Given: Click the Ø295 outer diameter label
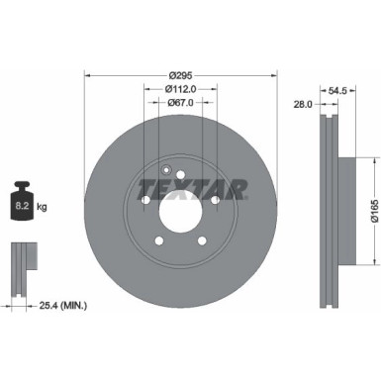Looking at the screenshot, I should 180,76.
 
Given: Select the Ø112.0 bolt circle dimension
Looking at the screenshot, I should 180,89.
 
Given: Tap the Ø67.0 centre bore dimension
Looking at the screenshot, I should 180,103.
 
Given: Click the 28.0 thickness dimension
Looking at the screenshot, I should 303,103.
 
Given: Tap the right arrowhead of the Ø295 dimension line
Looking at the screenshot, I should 273,76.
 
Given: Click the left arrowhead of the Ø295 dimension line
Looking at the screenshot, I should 88,76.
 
